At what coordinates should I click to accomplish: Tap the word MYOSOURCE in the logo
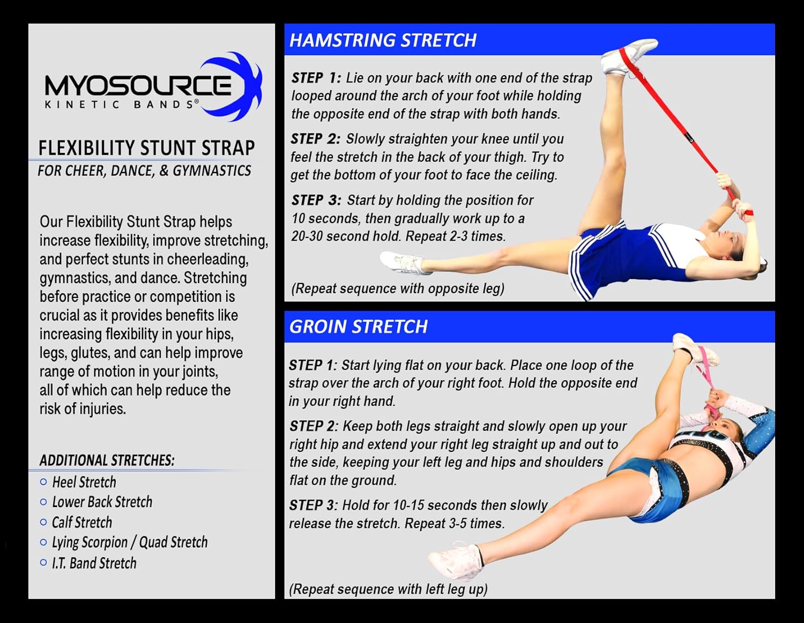pos(138,85)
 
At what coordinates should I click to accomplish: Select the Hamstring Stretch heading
pos(383,40)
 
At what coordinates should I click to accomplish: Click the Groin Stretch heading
pos(358,327)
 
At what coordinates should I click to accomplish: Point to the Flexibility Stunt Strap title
pos(146,147)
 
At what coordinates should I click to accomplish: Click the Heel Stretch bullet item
pos(84,482)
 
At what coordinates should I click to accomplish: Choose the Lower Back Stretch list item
pos(102,502)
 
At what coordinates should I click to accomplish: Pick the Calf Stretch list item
pos(82,522)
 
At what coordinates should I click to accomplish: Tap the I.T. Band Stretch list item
pos(94,563)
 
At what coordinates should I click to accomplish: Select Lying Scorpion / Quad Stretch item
pos(130,543)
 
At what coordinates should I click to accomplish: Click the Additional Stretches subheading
pos(107,461)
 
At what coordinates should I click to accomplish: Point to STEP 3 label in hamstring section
pos(316,200)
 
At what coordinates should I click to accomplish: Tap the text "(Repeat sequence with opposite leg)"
pos(398,288)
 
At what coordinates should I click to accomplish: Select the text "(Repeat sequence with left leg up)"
pos(388,589)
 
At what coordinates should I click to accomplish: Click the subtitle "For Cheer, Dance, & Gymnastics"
pos(144,171)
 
